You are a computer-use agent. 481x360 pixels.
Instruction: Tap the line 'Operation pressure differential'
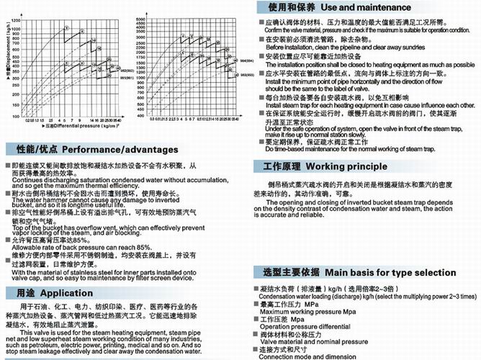pos(299,326)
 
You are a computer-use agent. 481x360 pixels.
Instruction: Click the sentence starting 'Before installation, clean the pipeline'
pos(338,48)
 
